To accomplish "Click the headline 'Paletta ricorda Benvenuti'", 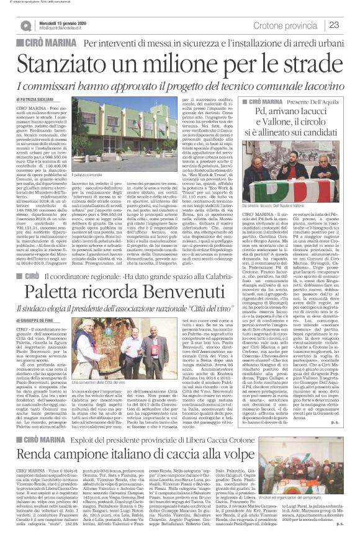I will (107, 290).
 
